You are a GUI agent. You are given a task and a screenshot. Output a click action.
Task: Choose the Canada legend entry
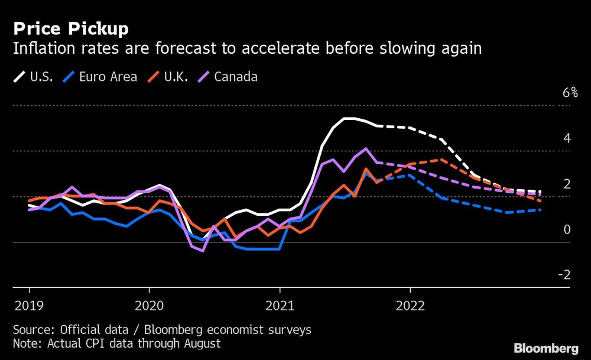coord(229,77)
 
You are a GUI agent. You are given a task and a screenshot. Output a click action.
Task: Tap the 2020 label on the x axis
coord(149,306)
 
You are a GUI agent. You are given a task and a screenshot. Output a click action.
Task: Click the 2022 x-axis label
coord(410,306)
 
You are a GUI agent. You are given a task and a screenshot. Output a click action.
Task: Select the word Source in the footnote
coord(31,329)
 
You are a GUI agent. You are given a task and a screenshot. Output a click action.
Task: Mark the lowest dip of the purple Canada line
coord(203,251)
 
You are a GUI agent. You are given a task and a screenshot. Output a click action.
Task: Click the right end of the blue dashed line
coord(540,210)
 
